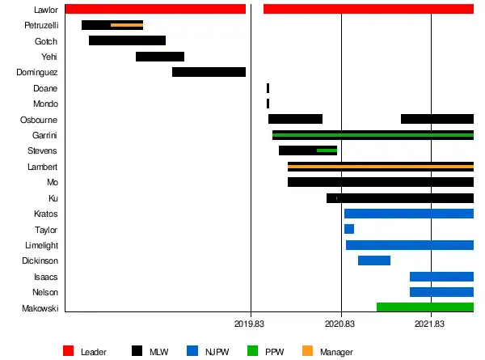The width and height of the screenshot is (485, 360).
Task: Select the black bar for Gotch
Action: pos(127,40)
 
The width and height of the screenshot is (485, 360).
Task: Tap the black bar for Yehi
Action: pos(160,57)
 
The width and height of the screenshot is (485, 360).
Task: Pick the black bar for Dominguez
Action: pos(209,72)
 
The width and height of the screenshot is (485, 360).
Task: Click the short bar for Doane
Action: pos(268,87)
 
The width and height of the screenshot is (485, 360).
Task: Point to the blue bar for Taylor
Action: pos(349,229)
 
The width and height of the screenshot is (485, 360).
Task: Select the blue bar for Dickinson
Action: pos(374,260)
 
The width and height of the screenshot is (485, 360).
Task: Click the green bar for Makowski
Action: pos(424,307)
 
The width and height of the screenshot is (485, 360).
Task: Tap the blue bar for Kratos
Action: pos(408,214)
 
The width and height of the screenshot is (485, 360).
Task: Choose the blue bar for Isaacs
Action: pos(441,277)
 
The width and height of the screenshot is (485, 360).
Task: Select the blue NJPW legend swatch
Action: pos(192,351)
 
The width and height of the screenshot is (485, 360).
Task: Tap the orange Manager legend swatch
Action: pos(307,351)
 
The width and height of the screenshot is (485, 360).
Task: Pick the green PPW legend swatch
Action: pos(251,351)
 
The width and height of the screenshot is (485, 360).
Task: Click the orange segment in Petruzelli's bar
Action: pos(127,25)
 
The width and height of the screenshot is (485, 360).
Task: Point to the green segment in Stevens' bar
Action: pos(327,150)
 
